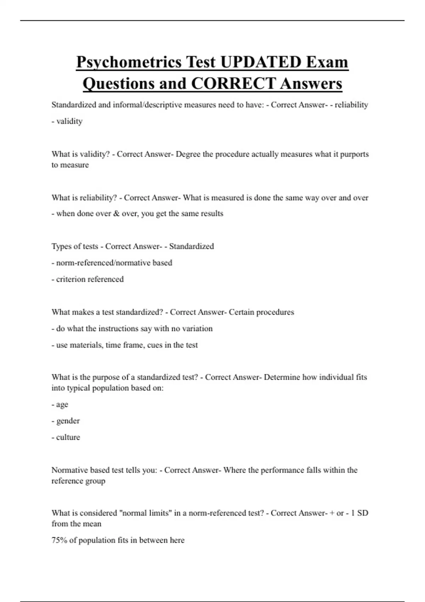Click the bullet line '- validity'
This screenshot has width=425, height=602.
[67, 121]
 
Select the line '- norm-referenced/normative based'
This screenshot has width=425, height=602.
[112, 263]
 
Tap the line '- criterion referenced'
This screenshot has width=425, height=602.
[88, 279]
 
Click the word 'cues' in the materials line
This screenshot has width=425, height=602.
[154, 345]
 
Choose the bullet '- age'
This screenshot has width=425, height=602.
[60, 404]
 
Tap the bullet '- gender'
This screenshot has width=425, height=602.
[66, 421]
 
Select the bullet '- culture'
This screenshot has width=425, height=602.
[66, 437]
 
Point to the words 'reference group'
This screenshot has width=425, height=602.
[78, 481]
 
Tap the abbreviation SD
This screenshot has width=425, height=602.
[363, 513]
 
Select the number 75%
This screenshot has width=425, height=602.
[59, 540]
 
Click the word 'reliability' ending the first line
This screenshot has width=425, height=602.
[351, 105]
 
